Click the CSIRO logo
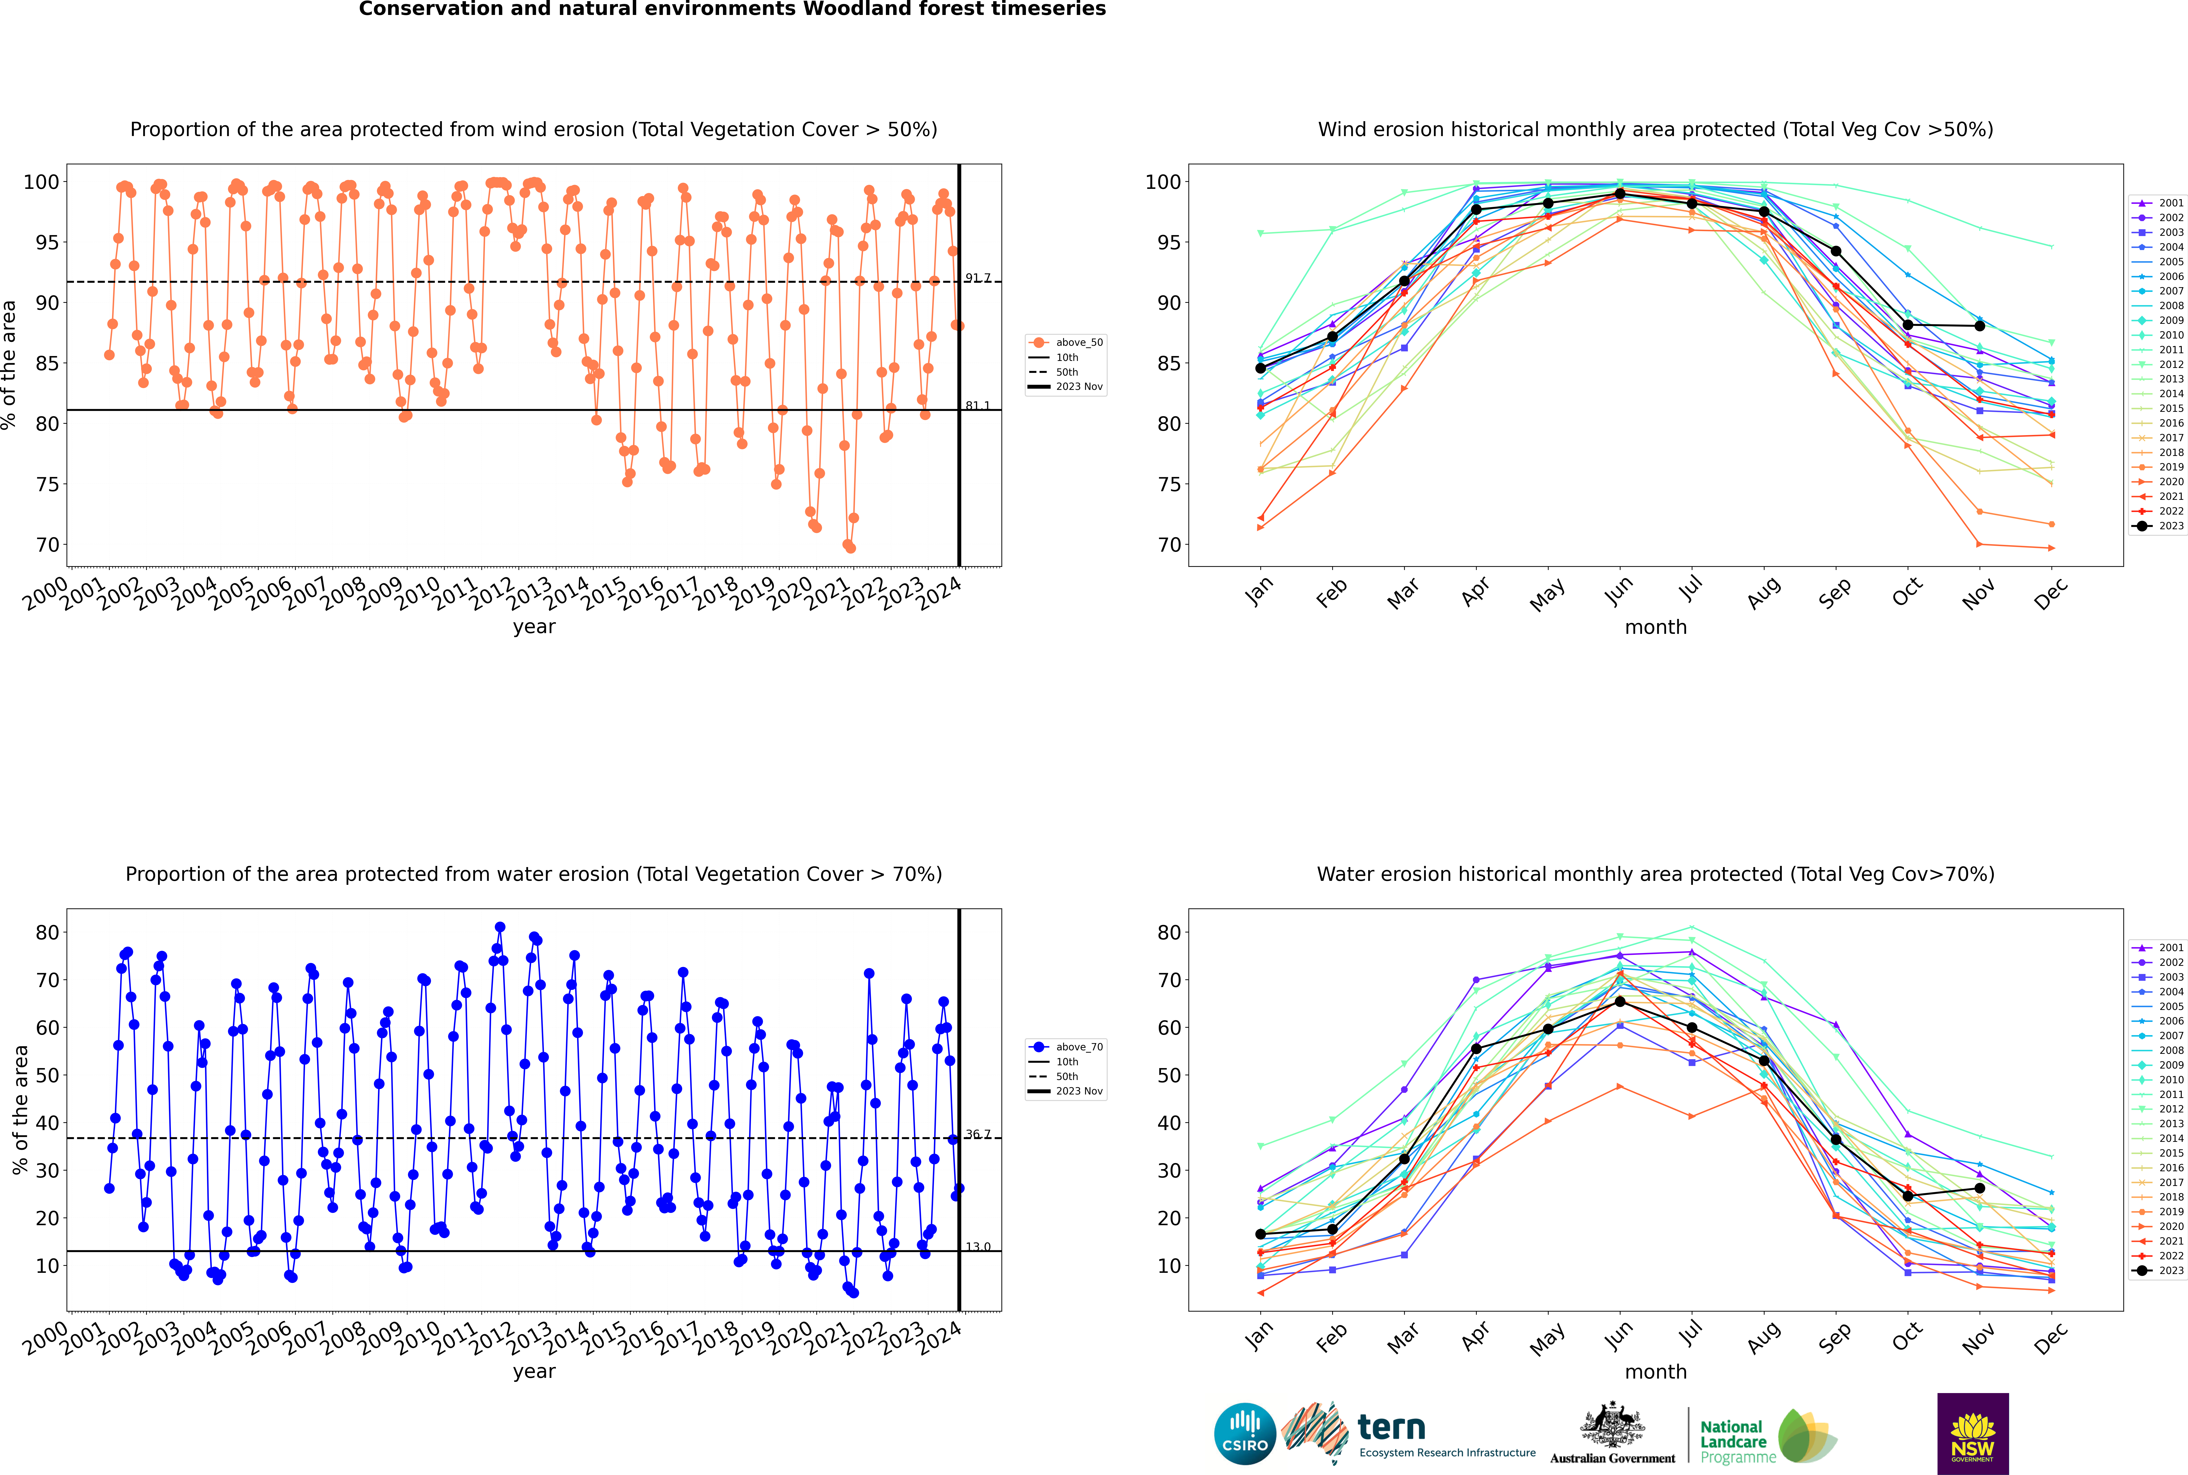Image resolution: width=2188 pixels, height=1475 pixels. click(x=1244, y=1434)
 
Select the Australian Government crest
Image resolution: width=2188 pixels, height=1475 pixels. click(x=1612, y=1425)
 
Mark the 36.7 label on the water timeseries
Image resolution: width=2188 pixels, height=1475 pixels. click(x=977, y=1134)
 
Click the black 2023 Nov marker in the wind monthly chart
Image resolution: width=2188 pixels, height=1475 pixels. click(x=1979, y=325)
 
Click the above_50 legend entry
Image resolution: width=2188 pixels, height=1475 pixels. click(x=1066, y=342)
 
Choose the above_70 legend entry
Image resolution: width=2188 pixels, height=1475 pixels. click(x=1066, y=1047)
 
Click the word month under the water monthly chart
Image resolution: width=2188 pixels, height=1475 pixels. click(x=1656, y=1373)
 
